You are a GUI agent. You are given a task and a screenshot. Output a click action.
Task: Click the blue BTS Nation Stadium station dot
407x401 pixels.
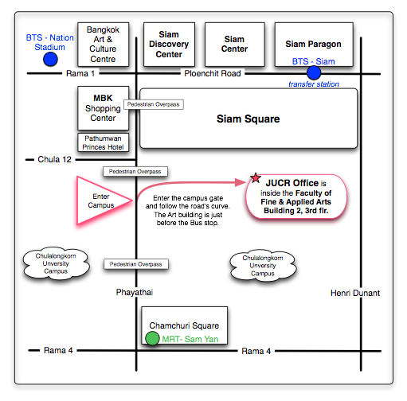pyautogui.click(x=50, y=59)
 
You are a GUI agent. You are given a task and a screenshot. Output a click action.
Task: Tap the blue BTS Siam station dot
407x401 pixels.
pyautogui.click(x=314, y=72)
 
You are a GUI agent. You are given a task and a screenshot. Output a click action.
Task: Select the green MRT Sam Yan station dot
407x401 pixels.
pyautogui.click(x=152, y=338)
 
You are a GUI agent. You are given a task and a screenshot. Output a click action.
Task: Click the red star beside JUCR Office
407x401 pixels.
pyautogui.click(x=256, y=178)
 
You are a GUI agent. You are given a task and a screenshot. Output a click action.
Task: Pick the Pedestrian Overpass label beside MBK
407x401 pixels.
pyautogui.click(x=154, y=104)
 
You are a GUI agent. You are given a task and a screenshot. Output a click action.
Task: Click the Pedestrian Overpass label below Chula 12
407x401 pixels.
pyautogui.click(x=135, y=172)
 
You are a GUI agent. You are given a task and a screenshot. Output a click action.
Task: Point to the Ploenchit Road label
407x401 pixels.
pyautogui.click(x=213, y=73)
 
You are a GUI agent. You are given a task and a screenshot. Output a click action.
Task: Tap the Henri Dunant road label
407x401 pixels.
pyautogui.click(x=355, y=293)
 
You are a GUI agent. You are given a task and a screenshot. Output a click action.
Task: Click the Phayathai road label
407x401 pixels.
pyautogui.click(x=135, y=292)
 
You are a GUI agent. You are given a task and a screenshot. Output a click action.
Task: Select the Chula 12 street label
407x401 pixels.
pyautogui.click(x=54, y=159)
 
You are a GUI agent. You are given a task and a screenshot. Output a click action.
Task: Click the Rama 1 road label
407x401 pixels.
pyautogui.click(x=80, y=73)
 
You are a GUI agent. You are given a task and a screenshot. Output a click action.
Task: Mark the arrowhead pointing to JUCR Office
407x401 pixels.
pyautogui.click(x=241, y=182)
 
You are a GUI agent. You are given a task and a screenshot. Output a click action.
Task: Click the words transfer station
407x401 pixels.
pyautogui.click(x=314, y=84)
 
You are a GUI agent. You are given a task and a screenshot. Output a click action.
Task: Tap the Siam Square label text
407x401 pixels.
pyautogui.click(x=248, y=119)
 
